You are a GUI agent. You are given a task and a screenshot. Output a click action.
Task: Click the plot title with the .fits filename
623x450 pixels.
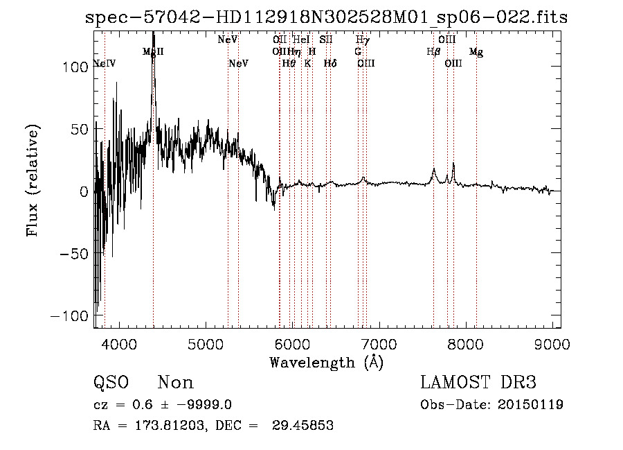pos(326,17)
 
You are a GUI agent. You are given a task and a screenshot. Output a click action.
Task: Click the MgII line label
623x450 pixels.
pos(153,52)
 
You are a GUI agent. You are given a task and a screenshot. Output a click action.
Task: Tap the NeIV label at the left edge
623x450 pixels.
pos(104,64)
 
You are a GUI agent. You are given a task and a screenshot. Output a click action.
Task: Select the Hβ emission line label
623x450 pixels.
pos(433,52)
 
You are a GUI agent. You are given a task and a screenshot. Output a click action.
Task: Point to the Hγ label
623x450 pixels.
pos(363,40)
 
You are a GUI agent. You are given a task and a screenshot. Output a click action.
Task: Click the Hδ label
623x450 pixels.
pos(330,64)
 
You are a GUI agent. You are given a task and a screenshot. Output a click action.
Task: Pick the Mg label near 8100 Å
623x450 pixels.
pos(476,52)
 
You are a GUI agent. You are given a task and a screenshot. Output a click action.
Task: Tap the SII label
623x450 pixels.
pos(326,40)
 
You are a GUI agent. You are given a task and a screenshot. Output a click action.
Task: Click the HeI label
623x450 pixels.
pos(301,40)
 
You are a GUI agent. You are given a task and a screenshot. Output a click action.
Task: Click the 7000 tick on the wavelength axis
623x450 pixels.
pos(379,344)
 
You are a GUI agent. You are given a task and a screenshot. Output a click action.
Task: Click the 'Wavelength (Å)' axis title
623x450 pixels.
pos(327,362)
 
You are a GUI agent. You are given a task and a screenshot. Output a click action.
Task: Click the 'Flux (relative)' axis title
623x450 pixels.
pos(33,180)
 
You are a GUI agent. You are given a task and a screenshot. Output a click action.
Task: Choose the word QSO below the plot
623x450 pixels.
pos(110,383)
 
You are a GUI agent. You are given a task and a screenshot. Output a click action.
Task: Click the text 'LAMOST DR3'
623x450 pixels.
pos(478,383)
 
